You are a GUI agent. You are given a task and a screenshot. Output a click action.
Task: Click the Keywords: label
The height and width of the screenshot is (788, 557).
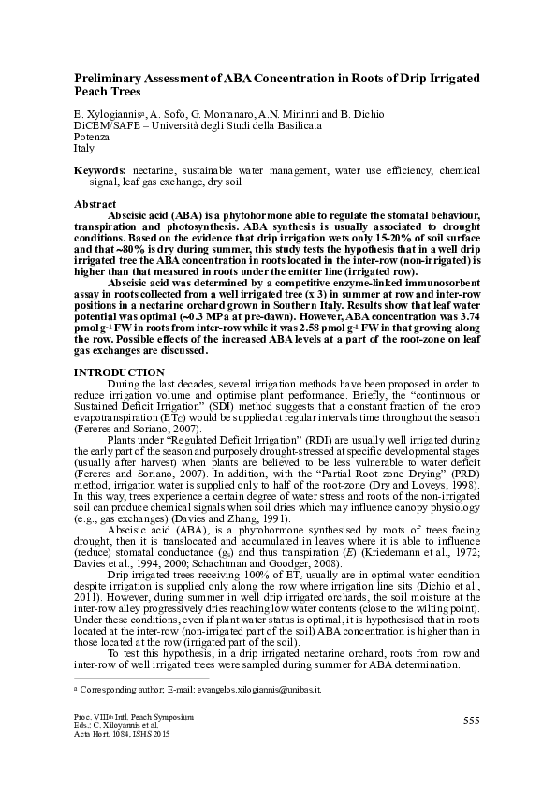click(x=101, y=172)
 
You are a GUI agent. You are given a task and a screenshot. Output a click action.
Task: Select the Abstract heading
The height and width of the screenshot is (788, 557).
click(x=95, y=204)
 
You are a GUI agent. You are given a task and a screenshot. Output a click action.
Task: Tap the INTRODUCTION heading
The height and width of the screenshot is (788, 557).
click(x=112, y=373)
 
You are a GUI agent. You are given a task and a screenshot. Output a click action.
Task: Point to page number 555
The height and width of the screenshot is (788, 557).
click(x=471, y=720)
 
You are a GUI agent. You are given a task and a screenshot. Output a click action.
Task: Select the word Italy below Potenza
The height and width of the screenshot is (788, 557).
click(x=83, y=149)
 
